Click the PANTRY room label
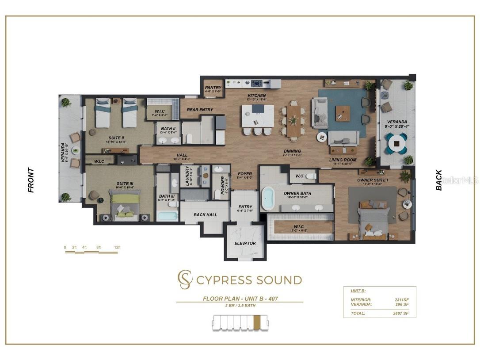[213, 88]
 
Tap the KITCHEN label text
[256, 96]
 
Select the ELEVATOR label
[245, 243]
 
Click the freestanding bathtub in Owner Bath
[268, 199]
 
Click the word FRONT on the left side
[31, 180]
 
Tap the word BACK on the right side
[439, 180]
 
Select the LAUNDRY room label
[187, 176]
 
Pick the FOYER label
[245, 174]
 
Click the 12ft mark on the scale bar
[117, 247]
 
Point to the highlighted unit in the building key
[257, 322]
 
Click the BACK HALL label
[206, 215]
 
